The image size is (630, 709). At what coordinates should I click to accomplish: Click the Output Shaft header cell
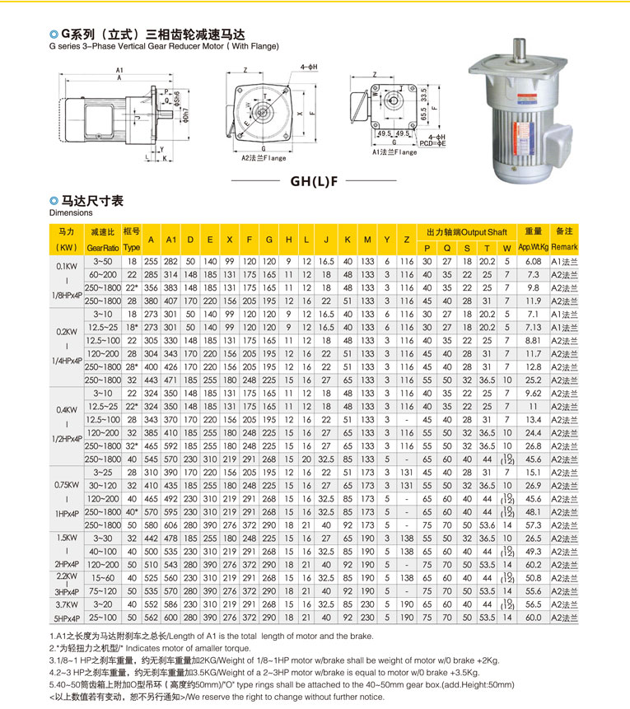coord(467,231)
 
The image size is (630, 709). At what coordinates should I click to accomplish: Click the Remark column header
coord(564,239)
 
